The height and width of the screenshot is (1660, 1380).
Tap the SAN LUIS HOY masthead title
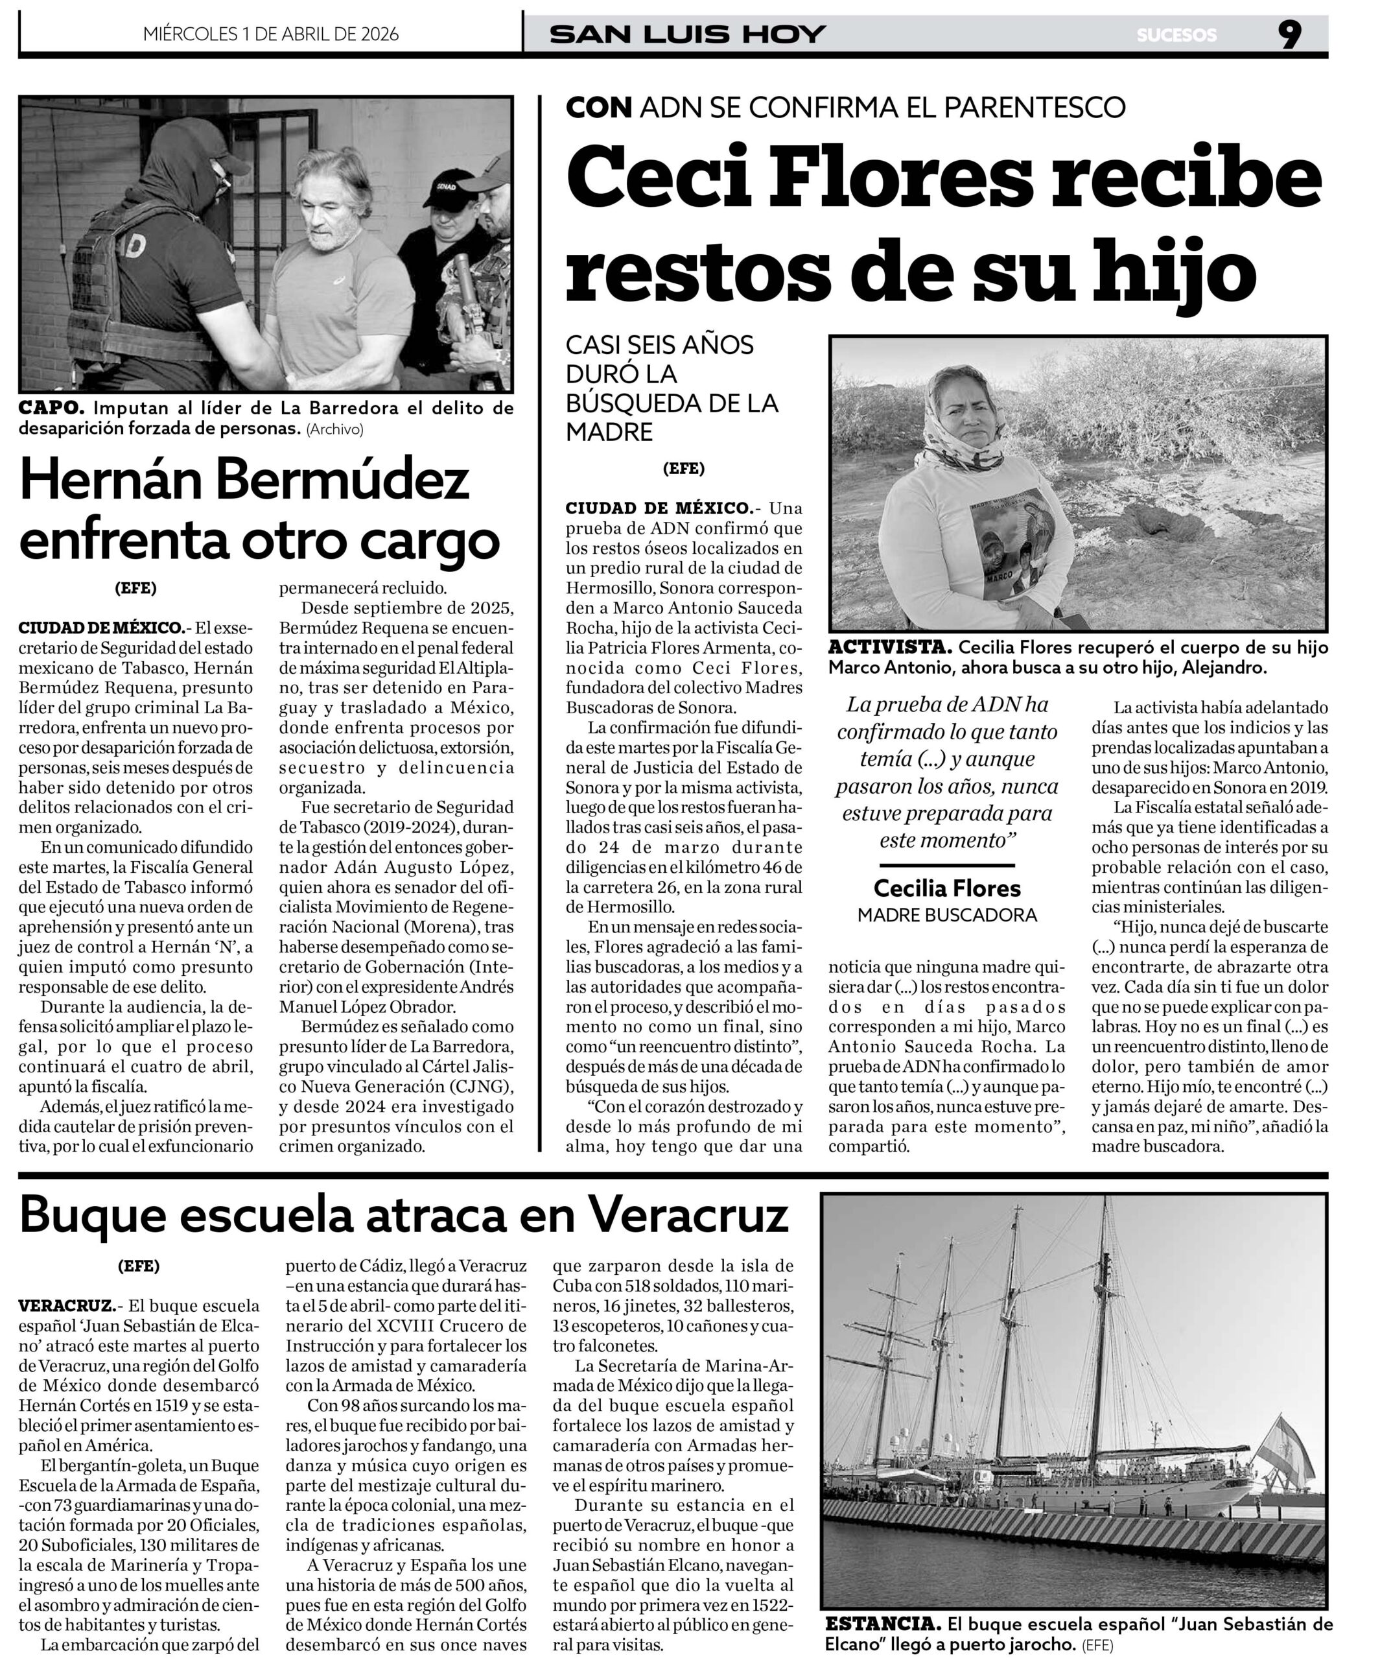click(x=687, y=35)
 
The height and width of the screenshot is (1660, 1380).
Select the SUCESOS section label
click(x=1177, y=36)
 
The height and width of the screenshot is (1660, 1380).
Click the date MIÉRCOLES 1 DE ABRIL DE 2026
click(x=270, y=34)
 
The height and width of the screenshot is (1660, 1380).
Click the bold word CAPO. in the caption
click(x=51, y=409)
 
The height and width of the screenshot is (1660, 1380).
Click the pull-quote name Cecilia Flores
click(x=947, y=888)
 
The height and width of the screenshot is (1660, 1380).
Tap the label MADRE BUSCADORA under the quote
click(x=947, y=916)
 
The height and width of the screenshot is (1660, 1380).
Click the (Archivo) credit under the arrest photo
click(x=335, y=430)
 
